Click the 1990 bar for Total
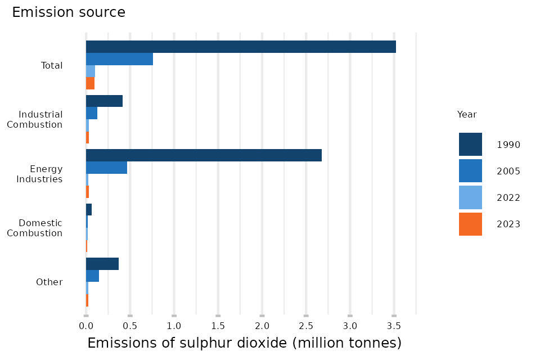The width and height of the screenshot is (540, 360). [241, 47]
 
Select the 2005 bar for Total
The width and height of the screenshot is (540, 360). [119, 59]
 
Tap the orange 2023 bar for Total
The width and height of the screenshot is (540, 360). [90, 83]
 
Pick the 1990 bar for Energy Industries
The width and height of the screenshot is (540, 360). [204, 155]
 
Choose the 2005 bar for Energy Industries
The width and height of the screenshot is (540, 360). [106, 167]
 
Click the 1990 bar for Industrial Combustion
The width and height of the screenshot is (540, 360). [104, 101]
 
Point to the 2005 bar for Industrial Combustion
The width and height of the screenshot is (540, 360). [92, 113]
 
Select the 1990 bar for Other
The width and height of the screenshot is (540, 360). [102, 264]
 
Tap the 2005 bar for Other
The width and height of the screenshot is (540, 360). [92, 276]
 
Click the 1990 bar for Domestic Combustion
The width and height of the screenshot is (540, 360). [89, 210]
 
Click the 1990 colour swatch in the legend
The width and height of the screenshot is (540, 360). [470, 144]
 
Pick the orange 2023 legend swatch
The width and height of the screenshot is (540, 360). [470, 224]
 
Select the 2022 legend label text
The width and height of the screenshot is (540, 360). [508, 197]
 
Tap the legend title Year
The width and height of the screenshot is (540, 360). [467, 114]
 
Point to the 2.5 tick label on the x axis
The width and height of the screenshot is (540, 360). [306, 326]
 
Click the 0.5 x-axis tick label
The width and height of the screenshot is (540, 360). [130, 326]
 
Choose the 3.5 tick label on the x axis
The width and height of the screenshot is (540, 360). [394, 326]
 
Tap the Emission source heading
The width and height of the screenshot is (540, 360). [69, 12]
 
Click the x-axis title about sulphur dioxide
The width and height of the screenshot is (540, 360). [244, 343]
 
